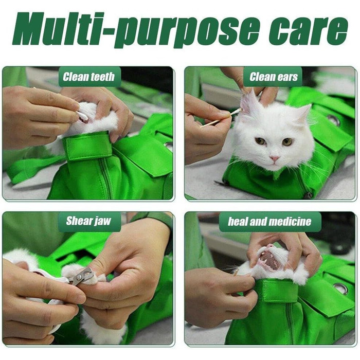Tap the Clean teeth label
[x=88, y=77]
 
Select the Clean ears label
[x=274, y=77]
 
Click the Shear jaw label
[x=88, y=221]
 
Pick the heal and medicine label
[x=269, y=222]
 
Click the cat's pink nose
[x=274, y=158]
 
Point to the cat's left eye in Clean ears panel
[x=287, y=141]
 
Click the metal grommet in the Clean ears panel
[x=333, y=120]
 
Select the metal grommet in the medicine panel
[x=341, y=289]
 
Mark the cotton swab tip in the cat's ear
[x=239, y=111]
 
